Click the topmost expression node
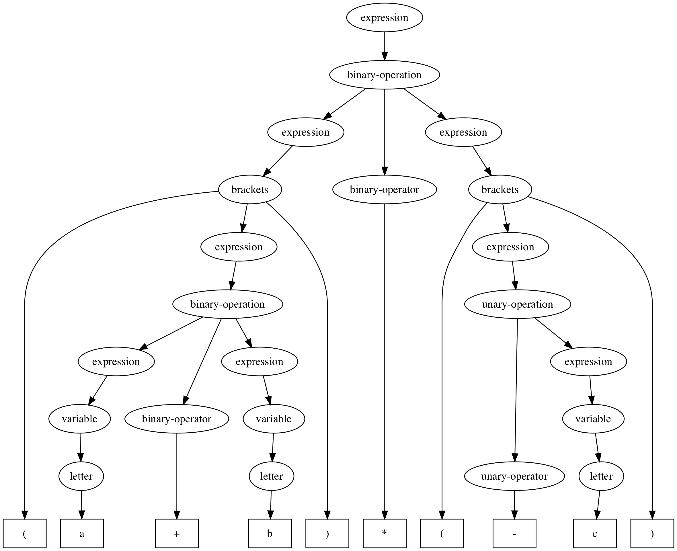(384, 17)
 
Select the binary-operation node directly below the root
(384, 75)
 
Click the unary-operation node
(517, 304)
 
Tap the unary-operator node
(514, 476)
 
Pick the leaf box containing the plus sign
(177, 534)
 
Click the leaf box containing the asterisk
(384, 534)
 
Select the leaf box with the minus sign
(514, 534)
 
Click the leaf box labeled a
(82, 534)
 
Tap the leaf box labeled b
(270, 534)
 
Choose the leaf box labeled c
(595, 534)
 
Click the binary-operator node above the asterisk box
(384, 189)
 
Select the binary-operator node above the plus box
(177, 419)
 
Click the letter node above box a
(81, 476)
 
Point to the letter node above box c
(601, 476)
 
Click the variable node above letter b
(274, 419)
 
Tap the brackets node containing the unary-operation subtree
(500, 189)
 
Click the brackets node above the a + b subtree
(250, 189)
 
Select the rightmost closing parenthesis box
(652, 534)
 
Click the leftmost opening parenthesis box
(25, 534)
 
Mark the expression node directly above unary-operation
(510, 247)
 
